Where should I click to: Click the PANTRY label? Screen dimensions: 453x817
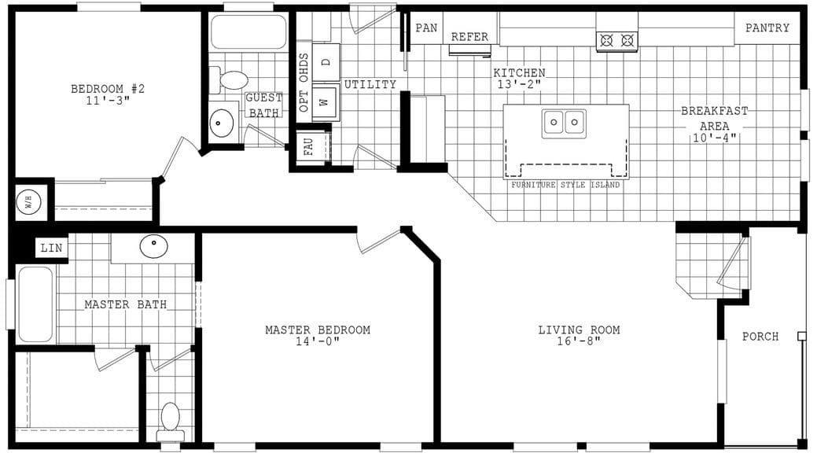767,28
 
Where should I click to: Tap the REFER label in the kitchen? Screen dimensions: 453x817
469,37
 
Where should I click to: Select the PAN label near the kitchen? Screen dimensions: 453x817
426,28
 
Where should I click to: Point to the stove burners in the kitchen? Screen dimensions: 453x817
616,40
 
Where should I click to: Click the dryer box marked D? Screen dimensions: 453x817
326,61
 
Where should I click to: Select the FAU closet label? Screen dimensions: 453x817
308,148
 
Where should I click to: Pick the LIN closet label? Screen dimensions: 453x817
51,249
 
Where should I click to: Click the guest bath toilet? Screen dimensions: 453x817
230,79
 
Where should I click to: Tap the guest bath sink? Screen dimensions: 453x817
221,123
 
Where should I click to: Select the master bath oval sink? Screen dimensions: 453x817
154,246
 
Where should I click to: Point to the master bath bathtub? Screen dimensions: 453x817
35,304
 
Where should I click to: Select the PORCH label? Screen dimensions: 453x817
760,337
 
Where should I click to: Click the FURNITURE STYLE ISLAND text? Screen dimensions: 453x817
565,185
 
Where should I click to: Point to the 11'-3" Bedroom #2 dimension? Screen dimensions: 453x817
108,101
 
